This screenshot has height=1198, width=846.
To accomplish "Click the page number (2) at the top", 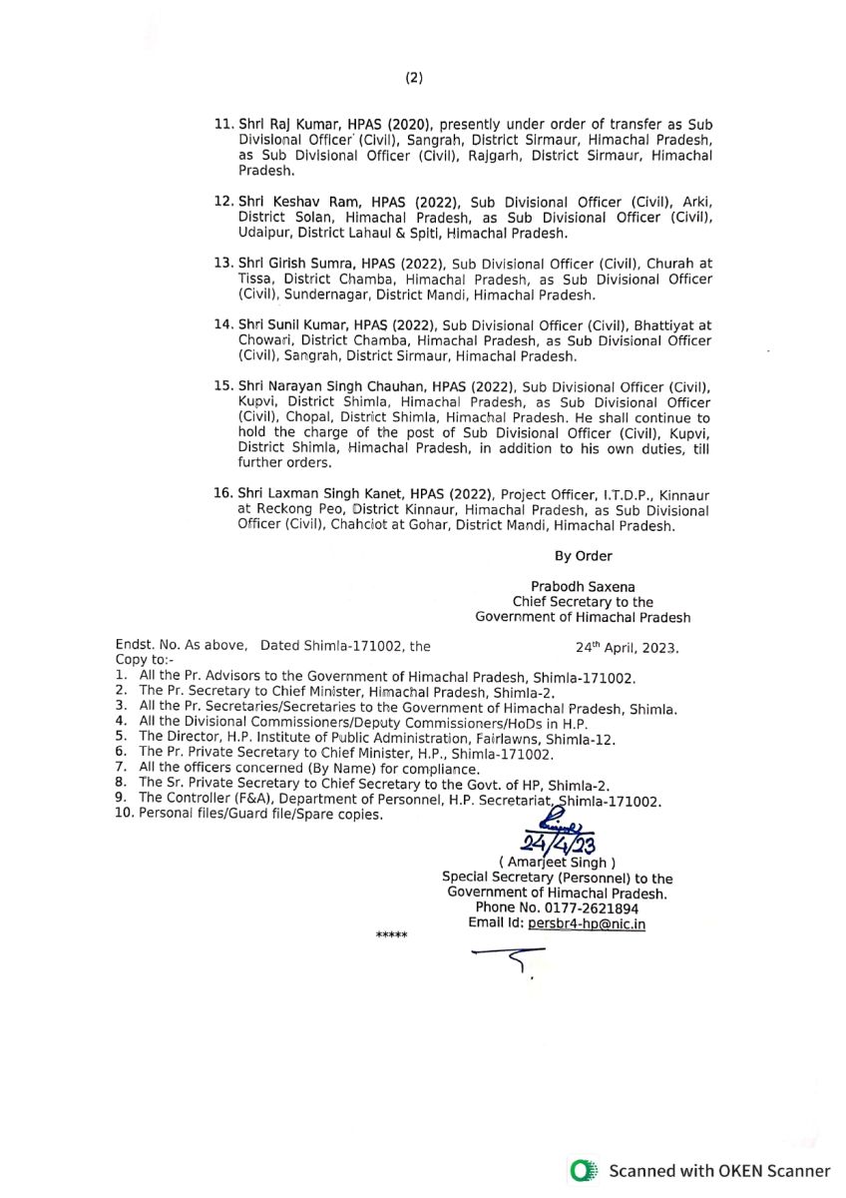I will tap(414, 78).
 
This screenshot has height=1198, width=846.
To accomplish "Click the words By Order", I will tap(584, 556).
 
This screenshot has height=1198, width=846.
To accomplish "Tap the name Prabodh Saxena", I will tap(584, 587).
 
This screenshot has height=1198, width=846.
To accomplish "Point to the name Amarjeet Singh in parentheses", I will tap(557, 863).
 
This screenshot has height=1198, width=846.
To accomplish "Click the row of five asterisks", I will tap(391, 935).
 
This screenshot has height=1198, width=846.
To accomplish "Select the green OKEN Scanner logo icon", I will tap(583, 1171).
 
